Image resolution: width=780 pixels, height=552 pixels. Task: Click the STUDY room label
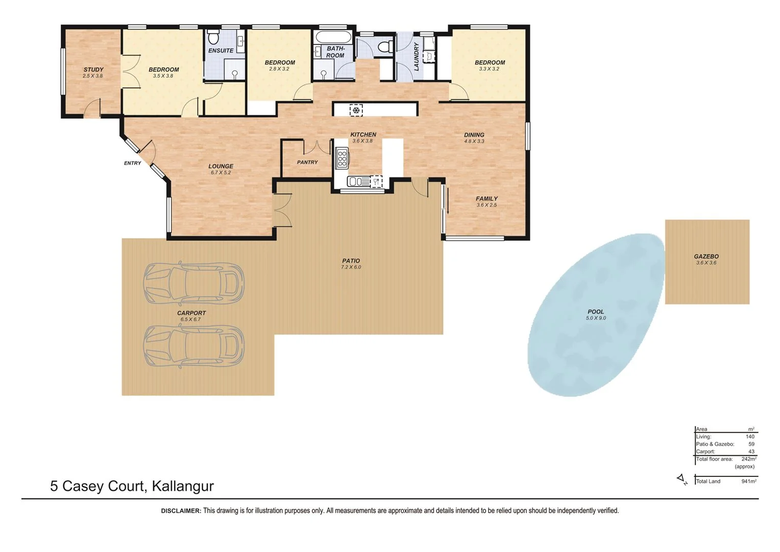(x=93, y=70)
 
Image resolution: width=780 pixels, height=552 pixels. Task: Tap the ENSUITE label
(x=221, y=51)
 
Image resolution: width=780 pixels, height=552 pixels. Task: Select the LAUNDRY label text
(x=416, y=56)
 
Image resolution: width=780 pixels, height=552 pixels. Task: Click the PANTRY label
(x=307, y=163)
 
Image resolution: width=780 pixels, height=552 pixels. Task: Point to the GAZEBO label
(x=706, y=257)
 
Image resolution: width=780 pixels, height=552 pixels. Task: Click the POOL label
(x=595, y=312)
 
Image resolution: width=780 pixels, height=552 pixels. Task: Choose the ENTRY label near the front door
(x=132, y=163)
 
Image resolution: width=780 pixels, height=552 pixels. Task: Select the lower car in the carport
(x=193, y=346)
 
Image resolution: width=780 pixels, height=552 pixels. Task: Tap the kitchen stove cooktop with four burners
(x=342, y=158)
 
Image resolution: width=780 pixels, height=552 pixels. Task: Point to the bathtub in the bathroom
(x=333, y=37)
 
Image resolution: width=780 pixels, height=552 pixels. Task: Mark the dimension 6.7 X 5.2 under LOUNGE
(x=221, y=173)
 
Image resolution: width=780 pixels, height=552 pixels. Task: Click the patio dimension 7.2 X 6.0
(x=351, y=267)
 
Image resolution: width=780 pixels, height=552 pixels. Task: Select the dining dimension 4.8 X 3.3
(x=474, y=142)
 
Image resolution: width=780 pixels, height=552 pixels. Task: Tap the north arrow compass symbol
(x=682, y=479)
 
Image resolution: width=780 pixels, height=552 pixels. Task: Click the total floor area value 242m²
(x=748, y=459)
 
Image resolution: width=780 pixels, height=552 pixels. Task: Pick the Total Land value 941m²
(x=748, y=481)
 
